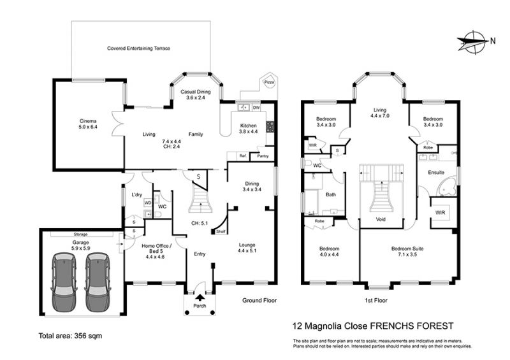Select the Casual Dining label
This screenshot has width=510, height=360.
coord(196,94)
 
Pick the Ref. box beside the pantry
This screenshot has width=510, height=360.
coord(243,156)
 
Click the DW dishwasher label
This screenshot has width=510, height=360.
coord(256,107)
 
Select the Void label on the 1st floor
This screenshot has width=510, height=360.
coord(381,220)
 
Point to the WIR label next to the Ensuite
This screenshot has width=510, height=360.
coord(440,212)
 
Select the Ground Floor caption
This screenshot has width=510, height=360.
coord(259,299)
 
